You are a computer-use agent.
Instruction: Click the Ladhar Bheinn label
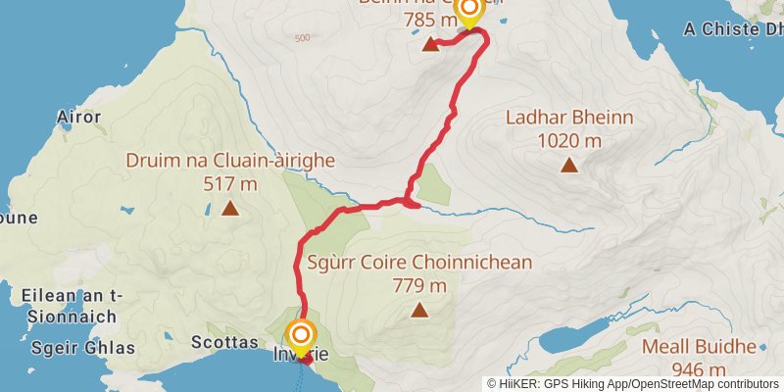tap(569, 118)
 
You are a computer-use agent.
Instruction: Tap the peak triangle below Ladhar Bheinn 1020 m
tap(569, 165)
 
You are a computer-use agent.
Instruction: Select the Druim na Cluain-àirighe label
tap(230, 161)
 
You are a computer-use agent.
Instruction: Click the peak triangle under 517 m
tap(230, 208)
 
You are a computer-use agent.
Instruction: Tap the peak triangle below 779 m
tap(419, 311)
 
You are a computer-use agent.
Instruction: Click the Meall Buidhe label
tap(700, 347)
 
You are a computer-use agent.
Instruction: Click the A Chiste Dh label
tap(733, 29)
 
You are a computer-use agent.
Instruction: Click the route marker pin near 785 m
tap(469, 10)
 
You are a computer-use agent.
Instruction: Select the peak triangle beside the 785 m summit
tap(430, 44)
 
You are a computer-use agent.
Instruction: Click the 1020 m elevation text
tap(569, 140)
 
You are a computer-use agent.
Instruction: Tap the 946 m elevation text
tap(700, 369)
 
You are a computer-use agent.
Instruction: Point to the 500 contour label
tap(301, 38)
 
